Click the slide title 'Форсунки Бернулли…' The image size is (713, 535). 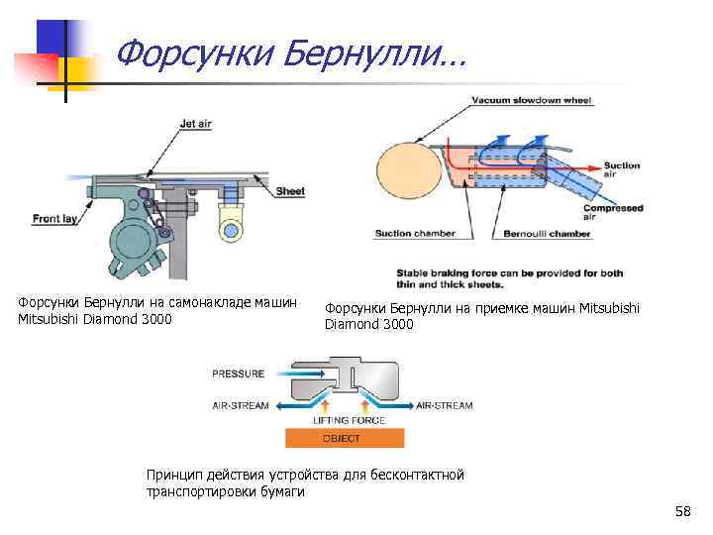pyautogui.click(x=289, y=55)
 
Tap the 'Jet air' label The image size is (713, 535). pyautogui.click(x=196, y=125)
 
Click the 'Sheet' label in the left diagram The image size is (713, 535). pyautogui.click(x=289, y=191)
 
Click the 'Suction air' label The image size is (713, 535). pyautogui.click(x=622, y=170)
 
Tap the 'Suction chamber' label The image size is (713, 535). pyautogui.click(x=415, y=235)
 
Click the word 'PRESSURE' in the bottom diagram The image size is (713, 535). pyautogui.click(x=239, y=374)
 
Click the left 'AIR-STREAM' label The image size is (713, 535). pyautogui.click(x=240, y=405)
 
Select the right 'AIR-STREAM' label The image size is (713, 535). pyautogui.click(x=444, y=405)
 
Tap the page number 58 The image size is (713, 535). pyautogui.click(x=682, y=511)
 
